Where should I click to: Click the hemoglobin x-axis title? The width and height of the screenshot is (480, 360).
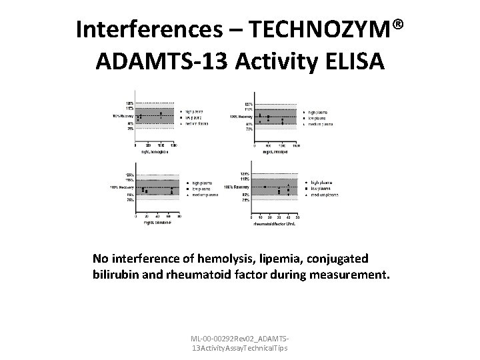pos(152,151)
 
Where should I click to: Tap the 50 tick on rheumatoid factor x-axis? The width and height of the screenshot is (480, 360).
pos(297,218)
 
